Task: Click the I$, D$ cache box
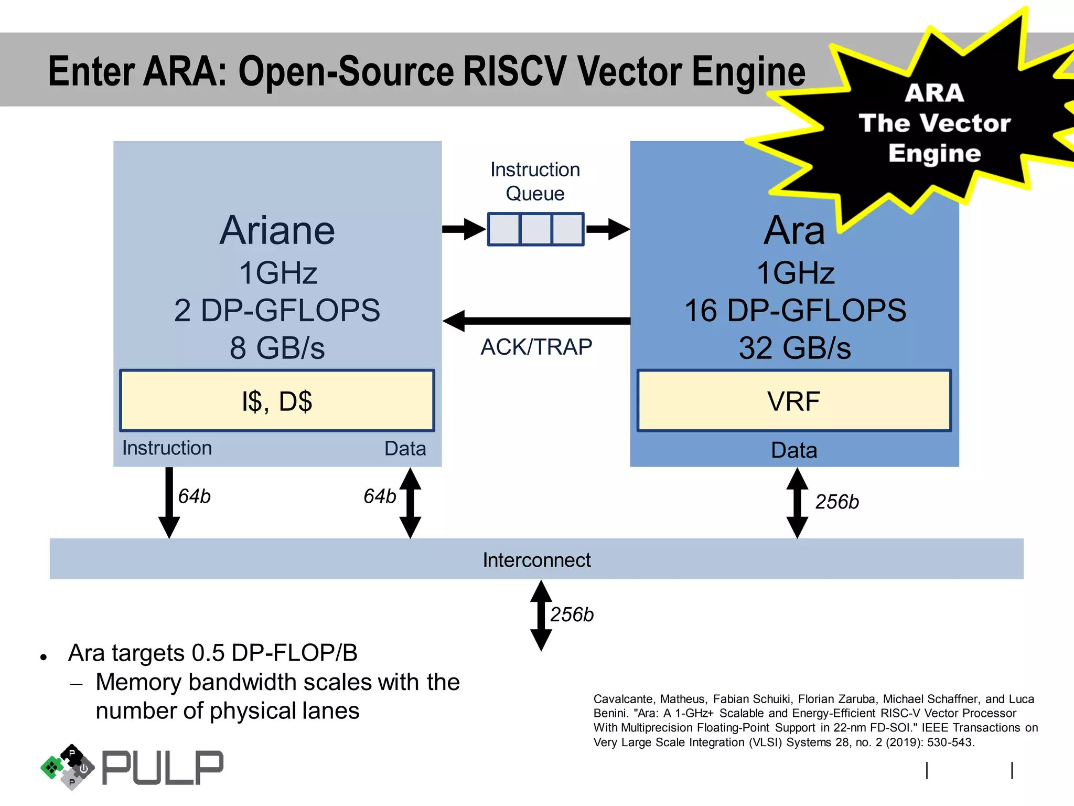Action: pyautogui.click(x=277, y=401)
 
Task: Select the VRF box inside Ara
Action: pyautogui.click(x=793, y=401)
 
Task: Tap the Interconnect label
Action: pyautogui.click(x=536, y=560)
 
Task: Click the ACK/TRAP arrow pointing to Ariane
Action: pyautogui.click(x=536, y=321)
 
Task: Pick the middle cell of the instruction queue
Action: pyautogui.click(x=535, y=229)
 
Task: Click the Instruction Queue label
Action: pyautogui.click(x=535, y=182)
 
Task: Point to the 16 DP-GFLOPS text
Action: pyautogui.click(x=795, y=310)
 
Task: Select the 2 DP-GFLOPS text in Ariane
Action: pyautogui.click(x=277, y=310)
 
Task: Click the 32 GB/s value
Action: pyautogui.click(x=795, y=348)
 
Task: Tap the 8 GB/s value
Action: pyautogui.click(x=277, y=348)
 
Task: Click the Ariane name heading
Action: pyautogui.click(x=277, y=230)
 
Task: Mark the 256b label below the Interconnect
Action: pyautogui.click(x=572, y=614)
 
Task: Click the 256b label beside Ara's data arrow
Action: pyautogui.click(x=837, y=502)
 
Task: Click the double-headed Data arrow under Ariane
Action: pyautogui.click(x=410, y=503)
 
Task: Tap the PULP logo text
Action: pyautogui.click(x=163, y=768)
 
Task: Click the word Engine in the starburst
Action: pyautogui.click(x=935, y=153)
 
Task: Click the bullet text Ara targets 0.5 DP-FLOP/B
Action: pyautogui.click(x=213, y=653)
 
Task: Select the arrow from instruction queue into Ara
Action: pyautogui.click(x=607, y=229)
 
